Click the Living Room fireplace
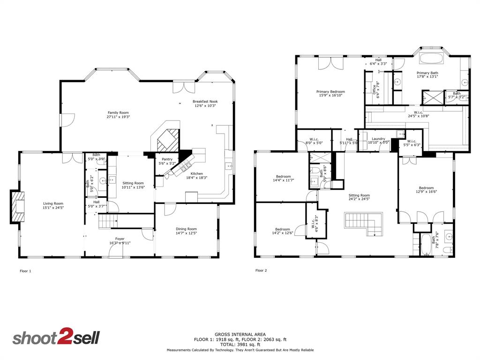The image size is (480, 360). coord(17,206)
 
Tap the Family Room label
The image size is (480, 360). coord(118,112)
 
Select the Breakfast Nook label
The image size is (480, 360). coord(205,101)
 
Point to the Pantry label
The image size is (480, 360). coord(167,159)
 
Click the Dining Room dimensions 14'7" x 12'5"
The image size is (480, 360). coord(186,233)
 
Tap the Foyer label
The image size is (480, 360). coord(120,239)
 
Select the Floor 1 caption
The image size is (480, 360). coord(25,271)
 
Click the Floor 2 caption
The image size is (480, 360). coord(261,270)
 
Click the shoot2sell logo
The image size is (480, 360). coord(56,338)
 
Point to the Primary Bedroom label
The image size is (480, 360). coord(330,92)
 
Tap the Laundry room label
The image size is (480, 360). coord(378,139)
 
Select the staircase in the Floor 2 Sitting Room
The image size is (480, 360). coord(364,224)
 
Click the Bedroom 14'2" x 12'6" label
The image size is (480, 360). coord(283,230)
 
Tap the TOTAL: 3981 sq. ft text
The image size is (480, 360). coord(240,344)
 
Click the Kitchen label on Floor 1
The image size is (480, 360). coord(196,173)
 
